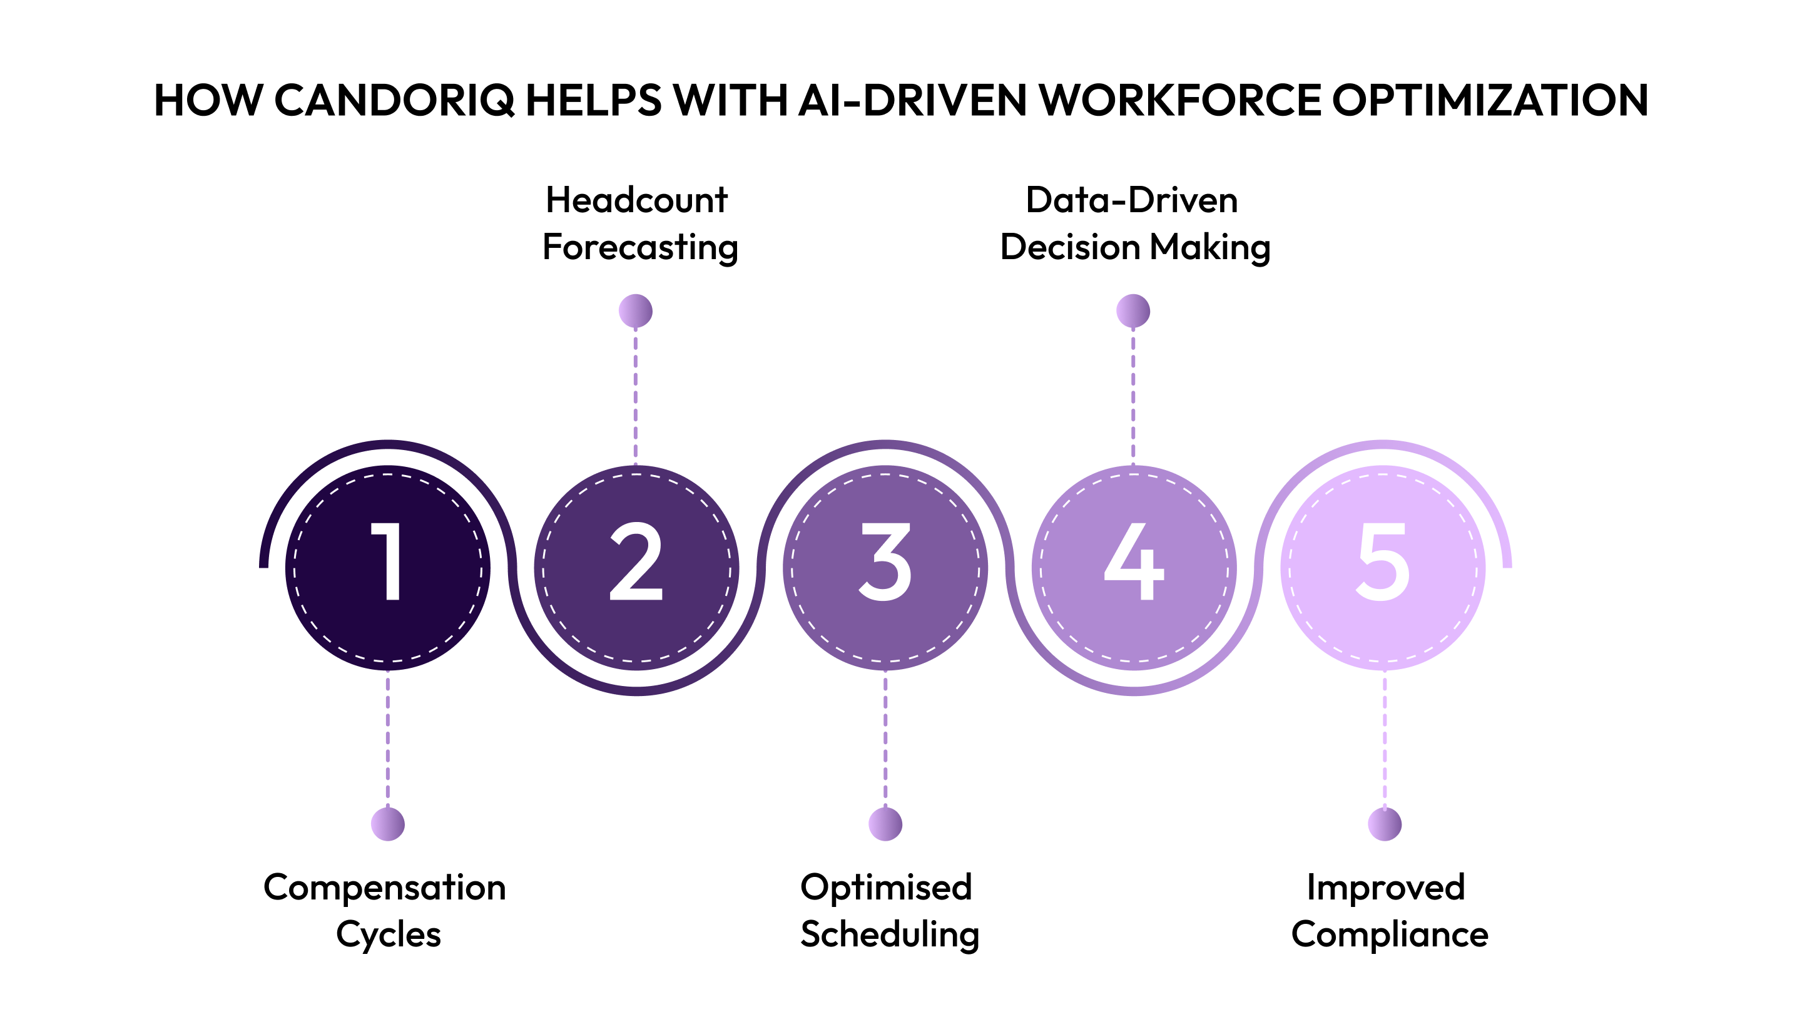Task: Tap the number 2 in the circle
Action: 636,561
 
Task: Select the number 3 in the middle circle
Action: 885,561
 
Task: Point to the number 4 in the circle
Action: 1133,561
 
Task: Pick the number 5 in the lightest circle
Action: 1382,561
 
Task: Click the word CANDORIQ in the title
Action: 394,100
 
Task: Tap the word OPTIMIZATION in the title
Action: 1490,100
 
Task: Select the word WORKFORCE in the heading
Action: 1180,100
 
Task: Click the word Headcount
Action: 636,200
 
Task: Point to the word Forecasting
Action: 640,248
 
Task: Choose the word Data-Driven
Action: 1132,200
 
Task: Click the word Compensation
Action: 385,888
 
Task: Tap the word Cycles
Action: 388,935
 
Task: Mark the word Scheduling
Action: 890,935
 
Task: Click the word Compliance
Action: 1389,935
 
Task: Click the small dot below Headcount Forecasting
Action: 635,310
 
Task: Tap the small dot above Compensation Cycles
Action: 387,824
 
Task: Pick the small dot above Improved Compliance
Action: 1385,824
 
